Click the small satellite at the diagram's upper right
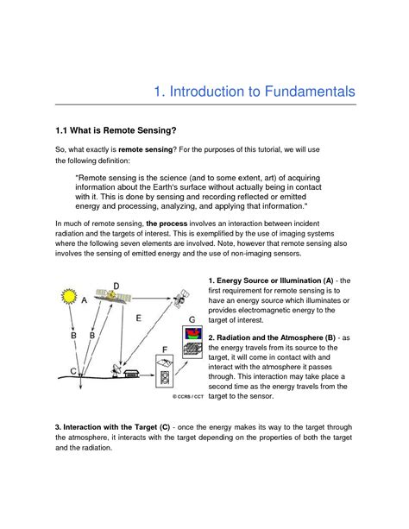coord(179,299)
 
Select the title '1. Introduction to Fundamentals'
coord(253,91)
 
